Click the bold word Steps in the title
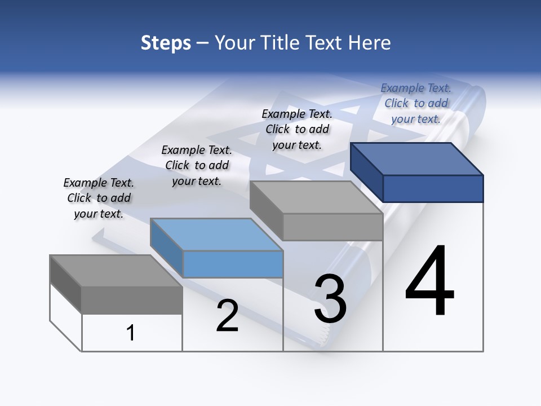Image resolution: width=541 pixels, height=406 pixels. pos(166,43)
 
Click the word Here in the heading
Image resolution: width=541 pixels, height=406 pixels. pos(370,43)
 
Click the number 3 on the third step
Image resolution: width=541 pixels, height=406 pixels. pos(330,299)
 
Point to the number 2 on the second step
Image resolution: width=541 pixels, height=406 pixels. pos(227,316)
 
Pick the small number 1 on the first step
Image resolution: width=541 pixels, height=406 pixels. pos(131,333)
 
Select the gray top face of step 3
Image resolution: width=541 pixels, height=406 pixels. pos(316,197)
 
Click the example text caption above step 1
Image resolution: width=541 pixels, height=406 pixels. pos(99,198)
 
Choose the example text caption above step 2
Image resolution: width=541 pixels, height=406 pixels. pos(197,165)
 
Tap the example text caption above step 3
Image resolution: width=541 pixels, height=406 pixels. pos(297,129)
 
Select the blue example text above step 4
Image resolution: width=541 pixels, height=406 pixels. pos(416,103)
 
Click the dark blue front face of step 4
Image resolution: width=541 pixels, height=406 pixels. pos(433,188)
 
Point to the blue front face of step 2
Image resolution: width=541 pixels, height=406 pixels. pos(233,264)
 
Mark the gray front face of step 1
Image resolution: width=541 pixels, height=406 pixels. pos(132,300)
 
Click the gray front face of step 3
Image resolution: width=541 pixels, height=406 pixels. pos(332,227)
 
